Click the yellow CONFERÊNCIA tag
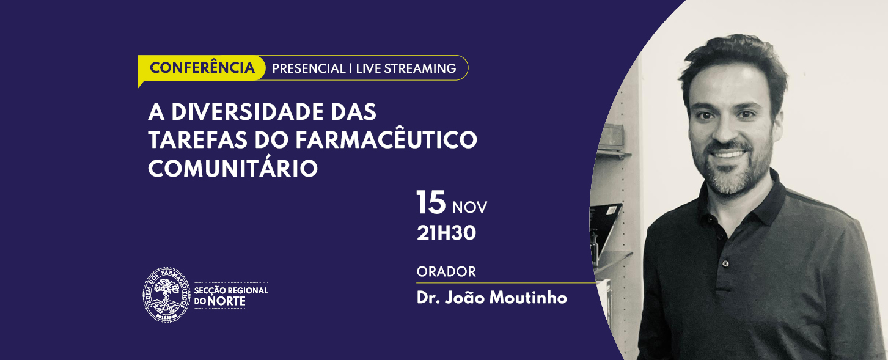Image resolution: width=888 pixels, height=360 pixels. tap(202, 68)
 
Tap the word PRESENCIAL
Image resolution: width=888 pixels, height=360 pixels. tap(309, 68)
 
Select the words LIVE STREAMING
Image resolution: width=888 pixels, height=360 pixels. tap(406, 68)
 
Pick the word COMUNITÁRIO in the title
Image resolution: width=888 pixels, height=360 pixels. tap(233, 168)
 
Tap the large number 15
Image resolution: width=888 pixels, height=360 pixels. tap(431, 202)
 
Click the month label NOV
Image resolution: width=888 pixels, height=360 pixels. tap(470, 207)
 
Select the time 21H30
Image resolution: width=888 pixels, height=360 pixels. tap(446, 233)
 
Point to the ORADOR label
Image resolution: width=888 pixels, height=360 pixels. tap(446, 271)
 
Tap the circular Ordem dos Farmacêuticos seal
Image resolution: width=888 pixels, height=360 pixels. tap(166, 294)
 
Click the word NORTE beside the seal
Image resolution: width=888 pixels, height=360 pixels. tap(227, 301)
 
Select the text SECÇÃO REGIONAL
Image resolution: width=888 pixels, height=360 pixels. tap(231, 290)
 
